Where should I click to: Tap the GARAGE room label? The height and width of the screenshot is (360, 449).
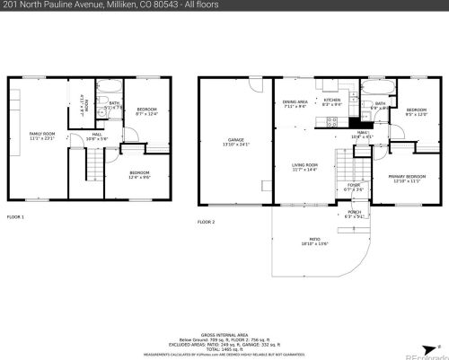(236, 141)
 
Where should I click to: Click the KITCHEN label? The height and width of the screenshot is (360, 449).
(331, 101)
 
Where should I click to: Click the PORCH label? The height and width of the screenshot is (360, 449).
(355, 214)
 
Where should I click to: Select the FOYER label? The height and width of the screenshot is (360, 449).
(354, 188)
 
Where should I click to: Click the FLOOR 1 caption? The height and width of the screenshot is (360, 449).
(15, 217)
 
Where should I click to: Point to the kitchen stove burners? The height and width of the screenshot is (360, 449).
(332, 120)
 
